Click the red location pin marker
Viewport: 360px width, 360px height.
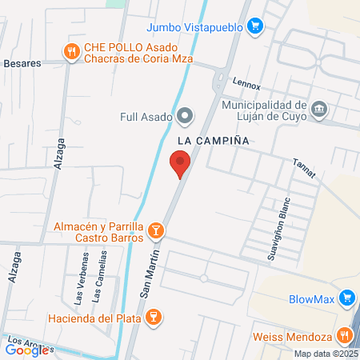pyautogui.click(x=180, y=165)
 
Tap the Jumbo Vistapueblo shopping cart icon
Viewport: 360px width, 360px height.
pyautogui.click(x=255, y=26)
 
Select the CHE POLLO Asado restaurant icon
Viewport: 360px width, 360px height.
pyautogui.click(x=71, y=51)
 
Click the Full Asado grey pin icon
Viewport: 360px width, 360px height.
pyautogui.click(x=186, y=117)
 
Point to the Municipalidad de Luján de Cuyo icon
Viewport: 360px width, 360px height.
pyautogui.click(x=319, y=108)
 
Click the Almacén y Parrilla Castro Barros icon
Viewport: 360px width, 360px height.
pyautogui.click(x=156, y=232)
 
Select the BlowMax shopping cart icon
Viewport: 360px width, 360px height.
pyautogui.click(x=346, y=300)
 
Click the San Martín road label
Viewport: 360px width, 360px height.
pyautogui.click(x=152, y=273)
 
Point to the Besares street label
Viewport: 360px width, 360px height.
pyautogui.click(x=22, y=62)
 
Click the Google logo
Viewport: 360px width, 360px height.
pyautogui.click(x=26, y=350)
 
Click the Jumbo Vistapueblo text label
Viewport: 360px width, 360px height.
pyautogui.click(x=206, y=26)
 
